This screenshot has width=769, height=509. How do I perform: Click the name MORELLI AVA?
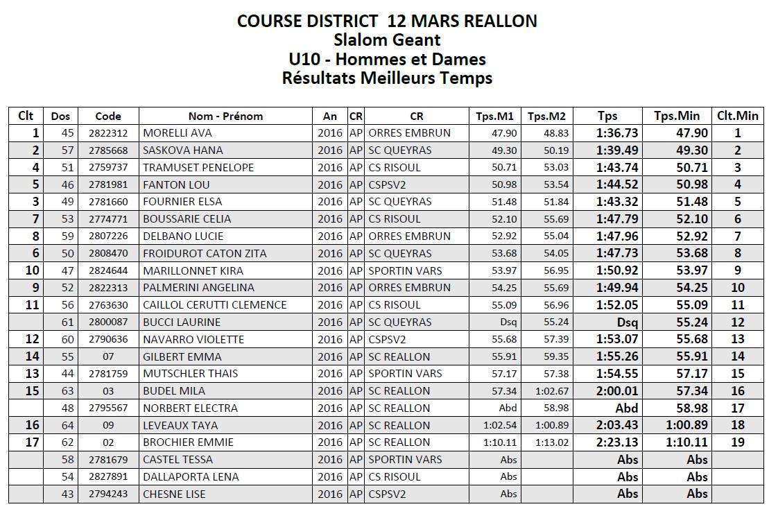(x=178, y=133)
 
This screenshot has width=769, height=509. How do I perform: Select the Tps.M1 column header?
(x=494, y=116)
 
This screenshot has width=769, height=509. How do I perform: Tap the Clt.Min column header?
(x=738, y=116)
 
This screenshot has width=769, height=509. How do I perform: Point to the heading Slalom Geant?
(x=387, y=40)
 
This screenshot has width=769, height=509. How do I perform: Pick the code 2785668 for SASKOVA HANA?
(x=107, y=150)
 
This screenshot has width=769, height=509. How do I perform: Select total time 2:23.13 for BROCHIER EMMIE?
(x=617, y=442)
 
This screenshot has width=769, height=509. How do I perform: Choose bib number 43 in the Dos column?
(x=67, y=494)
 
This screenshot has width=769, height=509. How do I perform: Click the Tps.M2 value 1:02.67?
(x=552, y=391)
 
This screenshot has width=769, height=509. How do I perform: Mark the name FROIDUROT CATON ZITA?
(x=205, y=253)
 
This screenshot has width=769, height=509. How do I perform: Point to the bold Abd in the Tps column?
(x=627, y=408)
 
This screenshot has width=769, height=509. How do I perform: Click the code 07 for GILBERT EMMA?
(x=107, y=356)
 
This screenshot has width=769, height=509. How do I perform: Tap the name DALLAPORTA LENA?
(x=191, y=476)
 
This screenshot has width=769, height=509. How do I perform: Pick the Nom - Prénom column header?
(x=225, y=116)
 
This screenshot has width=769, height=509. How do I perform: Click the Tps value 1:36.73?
(x=617, y=133)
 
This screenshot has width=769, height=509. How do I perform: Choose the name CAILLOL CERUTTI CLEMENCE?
(x=214, y=304)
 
